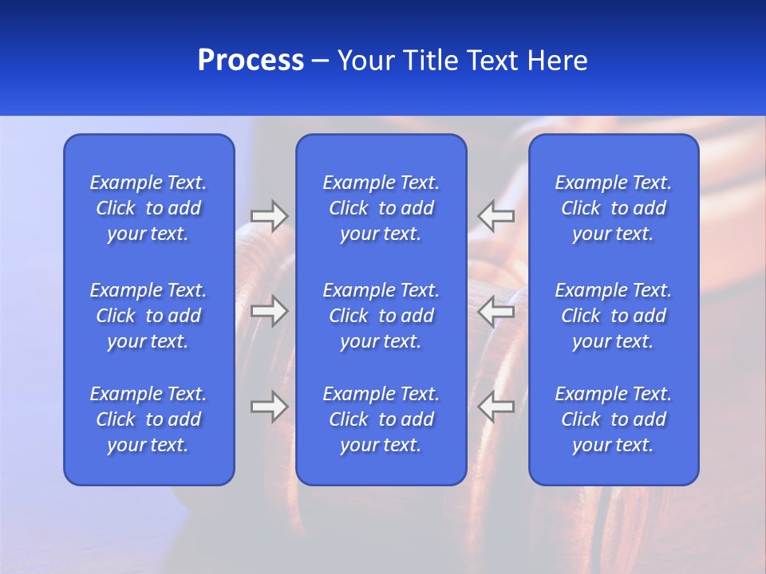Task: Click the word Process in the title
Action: pyautogui.click(x=251, y=61)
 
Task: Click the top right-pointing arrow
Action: pyautogui.click(x=269, y=216)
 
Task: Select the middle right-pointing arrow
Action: pyautogui.click(x=269, y=311)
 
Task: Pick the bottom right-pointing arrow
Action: pyautogui.click(x=269, y=407)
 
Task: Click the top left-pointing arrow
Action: pyautogui.click(x=496, y=216)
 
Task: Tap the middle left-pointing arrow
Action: pyautogui.click(x=496, y=311)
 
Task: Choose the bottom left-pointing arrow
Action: pyautogui.click(x=496, y=407)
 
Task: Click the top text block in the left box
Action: pyautogui.click(x=148, y=208)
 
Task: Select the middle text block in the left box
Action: pyautogui.click(x=148, y=316)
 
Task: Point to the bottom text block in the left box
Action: pyautogui.click(x=148, y=419)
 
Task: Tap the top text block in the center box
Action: pyautogui.click(x=381, y=208)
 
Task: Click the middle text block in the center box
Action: pyautogui.click(x=381, y=316)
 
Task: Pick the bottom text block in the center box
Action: pyautogui.click(x=381, y=419)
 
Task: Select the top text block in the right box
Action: pyautogui.click(x=614, y=208)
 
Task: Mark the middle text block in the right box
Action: pyautogui.click(x=614, y=316)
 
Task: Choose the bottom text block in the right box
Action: pyautogui.click(x=614, y=419)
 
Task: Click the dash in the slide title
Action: pyautogui.click(x=320, y=61)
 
